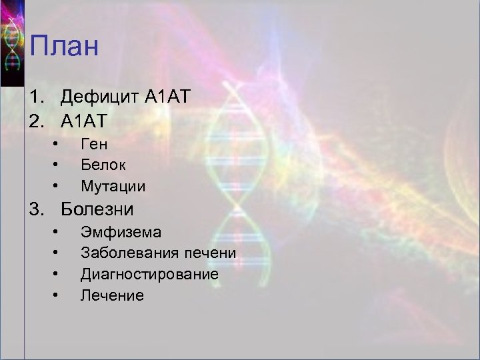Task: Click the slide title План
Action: coord(64,48)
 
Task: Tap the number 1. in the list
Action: coord(37,98)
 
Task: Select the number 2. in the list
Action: coord(37,121)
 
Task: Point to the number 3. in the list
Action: coord(37,209)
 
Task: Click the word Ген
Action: coord(94,143)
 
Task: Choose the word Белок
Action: coord(103,164)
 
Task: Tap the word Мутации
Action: coord(113,185)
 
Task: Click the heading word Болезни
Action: coord(97,209)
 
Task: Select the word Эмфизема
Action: coord(121,233)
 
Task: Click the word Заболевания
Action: coord(129,253)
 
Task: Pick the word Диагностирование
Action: coord(149,274)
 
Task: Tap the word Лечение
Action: coord(112,295)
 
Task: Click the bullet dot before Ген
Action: coord(58,143)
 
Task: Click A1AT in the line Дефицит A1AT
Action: coord(168,98)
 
